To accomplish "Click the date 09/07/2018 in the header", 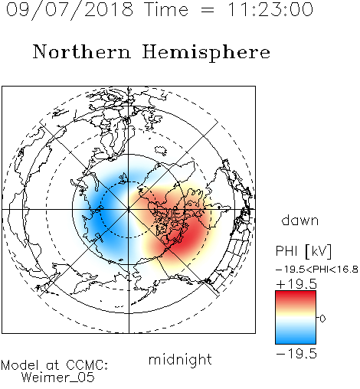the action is pos(70,9).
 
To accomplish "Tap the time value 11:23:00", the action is pos(270,9).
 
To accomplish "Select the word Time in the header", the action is pos(166,9).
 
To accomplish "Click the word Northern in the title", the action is pos(82,51).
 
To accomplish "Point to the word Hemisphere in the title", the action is pos(206,53).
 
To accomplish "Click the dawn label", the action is pos(300,220).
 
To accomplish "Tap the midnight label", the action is pos(180,359).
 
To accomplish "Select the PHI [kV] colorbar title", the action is pos(303,251).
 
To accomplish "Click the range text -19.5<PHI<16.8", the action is pos(317,269).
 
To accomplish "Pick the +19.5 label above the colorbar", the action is pos(296,284).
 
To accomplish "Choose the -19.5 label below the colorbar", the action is pos(296,354).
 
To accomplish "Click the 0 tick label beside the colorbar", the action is pos(322,319).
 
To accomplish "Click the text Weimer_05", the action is pos(58,378).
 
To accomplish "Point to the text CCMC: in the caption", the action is pos(87,365).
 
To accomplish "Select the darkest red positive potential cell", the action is pos(189,236).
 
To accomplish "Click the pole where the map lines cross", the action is pos(129,209).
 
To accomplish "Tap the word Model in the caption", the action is pos(20,365).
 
